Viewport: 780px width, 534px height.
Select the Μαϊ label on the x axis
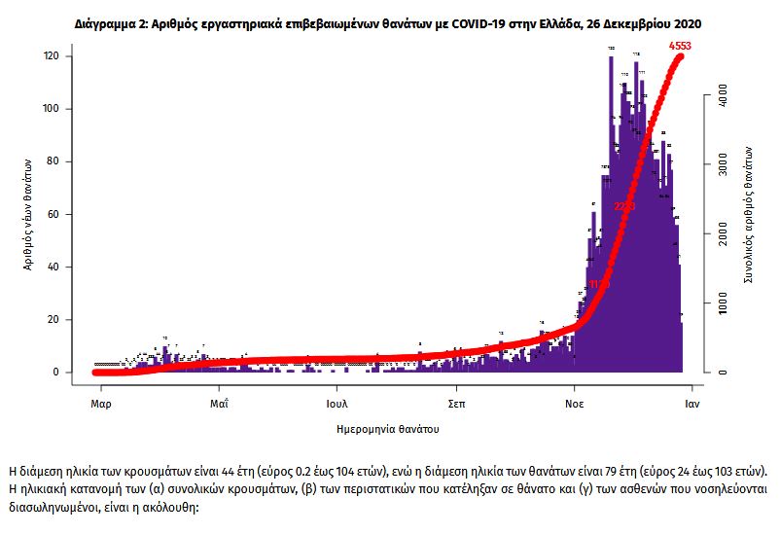point(219,401)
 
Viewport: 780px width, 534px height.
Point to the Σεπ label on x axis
point(456,401)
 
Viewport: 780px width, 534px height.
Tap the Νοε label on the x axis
point(575,401)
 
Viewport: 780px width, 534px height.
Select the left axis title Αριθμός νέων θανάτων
point(28,215)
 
